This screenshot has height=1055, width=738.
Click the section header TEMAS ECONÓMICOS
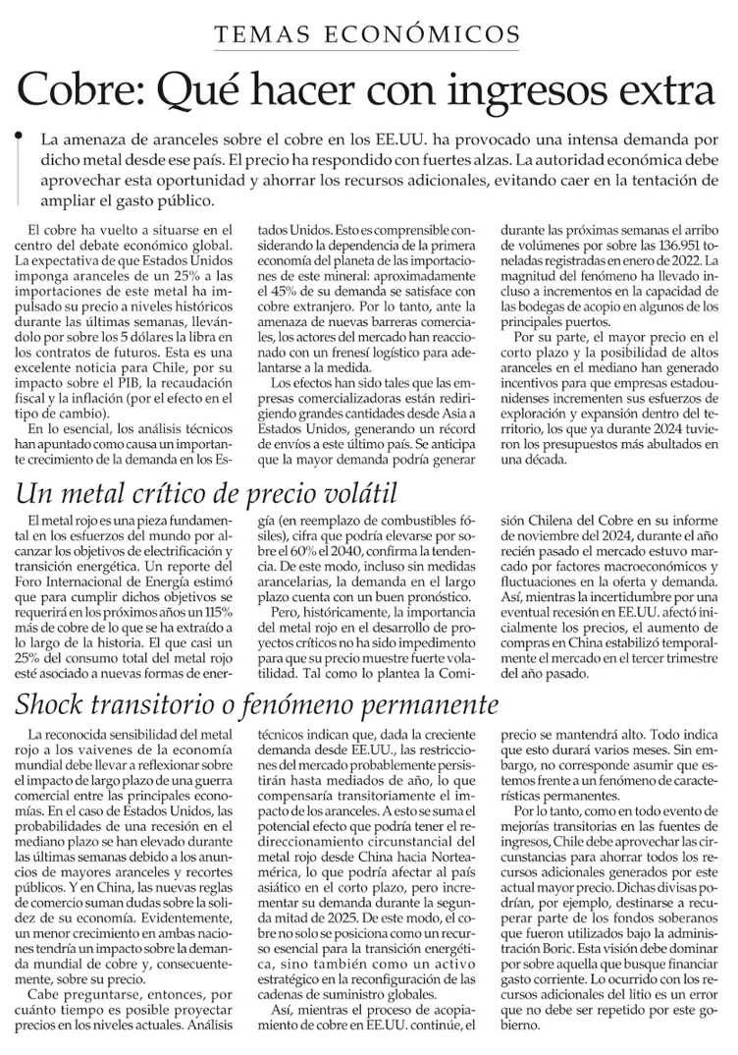click(368, 34)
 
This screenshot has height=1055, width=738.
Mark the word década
click(550, 460)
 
